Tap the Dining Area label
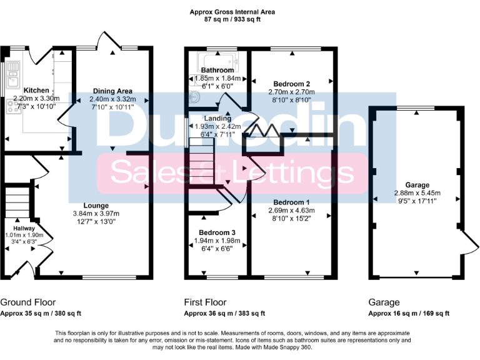click(x=112, y=91)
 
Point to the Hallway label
click(x=25, y=228)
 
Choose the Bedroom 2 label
click(x=292, y=83)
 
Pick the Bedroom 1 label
click(x=291, y=202)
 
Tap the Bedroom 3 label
click(x=217, y=232)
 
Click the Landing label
click(x=217, y=118)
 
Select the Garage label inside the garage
click(x=416, y=186)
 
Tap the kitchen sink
click(x=11, y=79)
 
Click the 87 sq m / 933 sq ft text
click(x=232, y=20)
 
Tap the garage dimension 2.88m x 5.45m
click(x=416, y=193)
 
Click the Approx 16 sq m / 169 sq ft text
click(x=409, y=314)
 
